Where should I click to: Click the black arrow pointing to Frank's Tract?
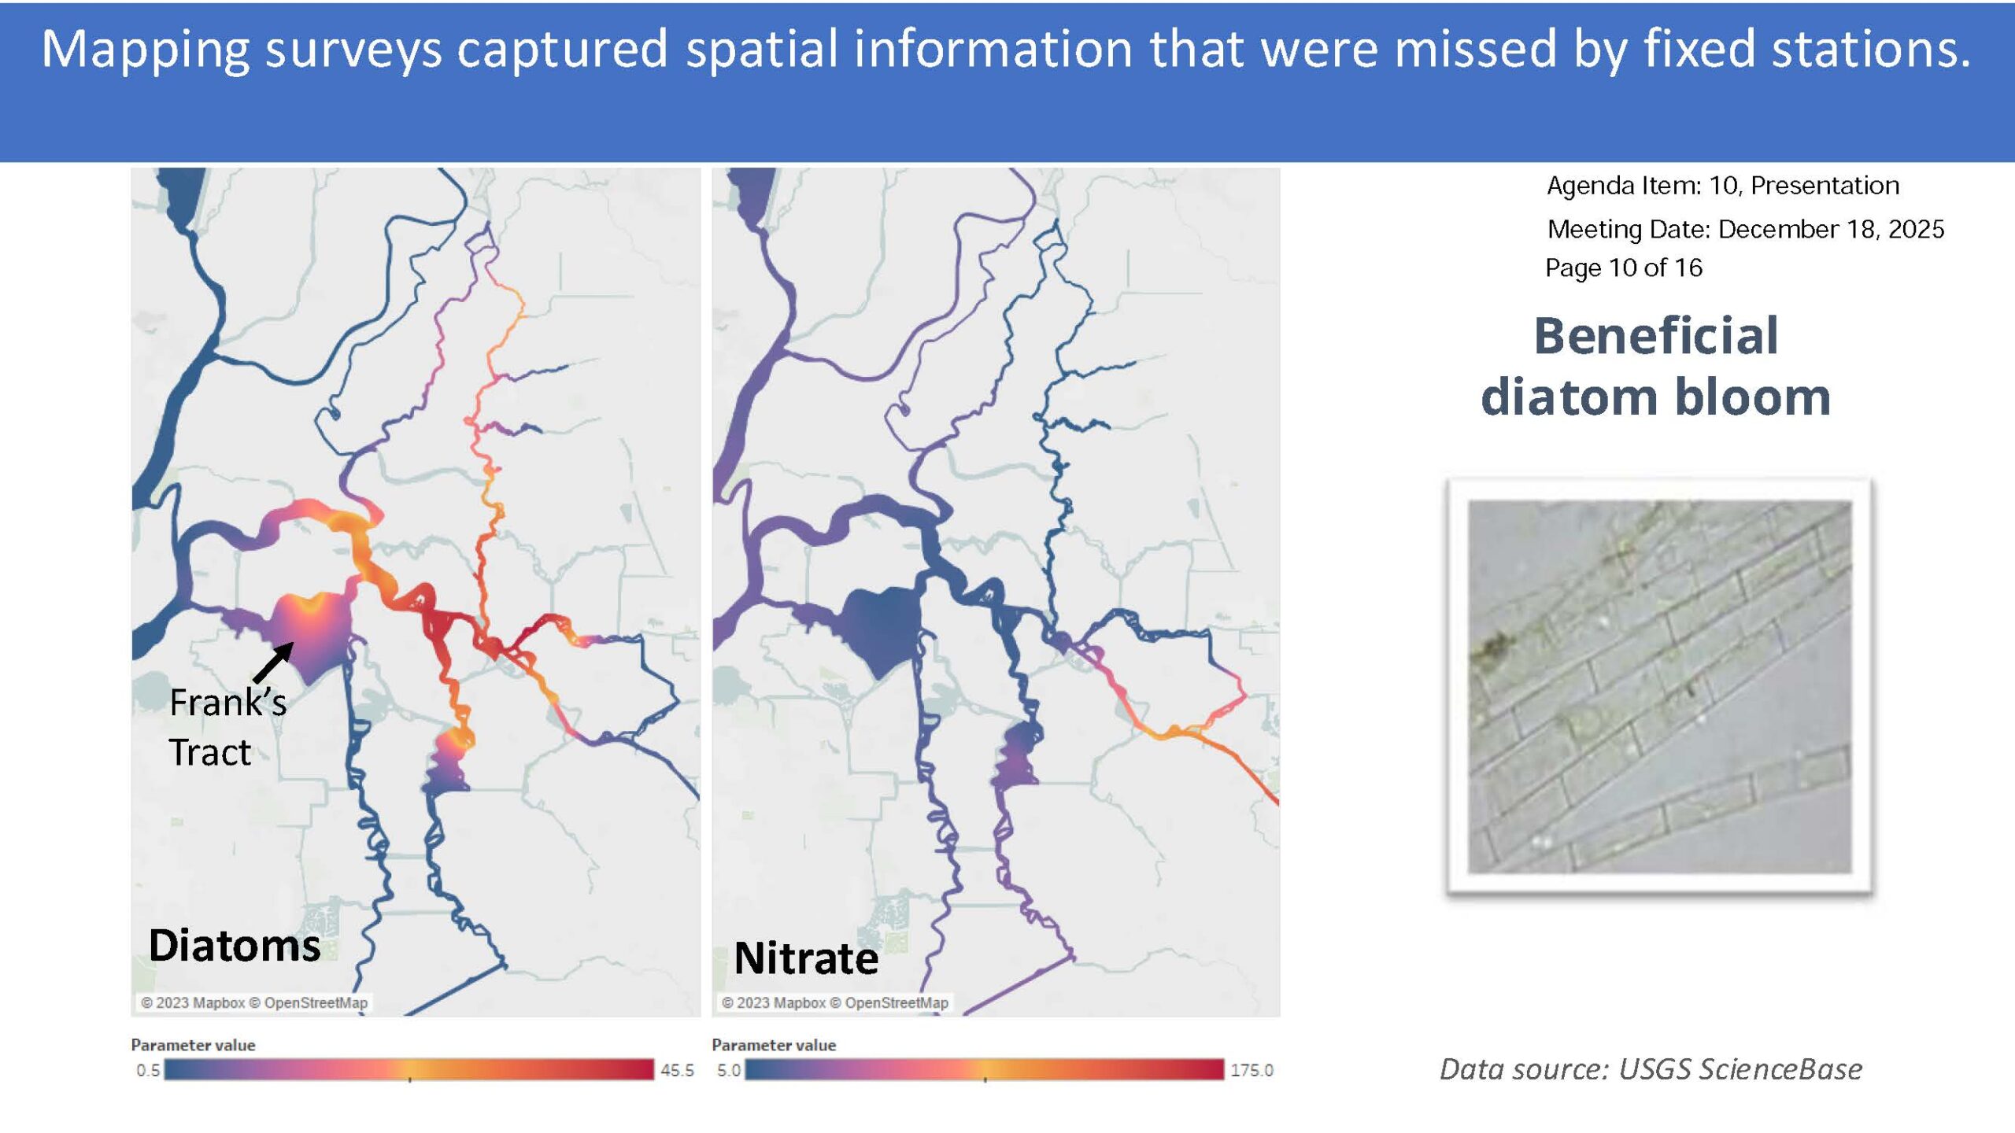273,662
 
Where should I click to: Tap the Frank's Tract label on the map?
227,727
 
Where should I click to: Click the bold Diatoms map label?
235,945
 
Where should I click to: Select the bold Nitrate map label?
806,958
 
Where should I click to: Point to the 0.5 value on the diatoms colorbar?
148,1070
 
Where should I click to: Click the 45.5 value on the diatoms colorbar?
677,1070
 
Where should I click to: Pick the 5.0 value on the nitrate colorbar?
728,1070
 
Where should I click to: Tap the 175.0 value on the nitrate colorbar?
1252,1070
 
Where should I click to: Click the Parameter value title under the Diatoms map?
193,1045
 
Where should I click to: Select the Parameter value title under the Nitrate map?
774,1045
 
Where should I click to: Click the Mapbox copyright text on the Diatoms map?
193,1002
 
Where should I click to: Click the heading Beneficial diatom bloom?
1656,366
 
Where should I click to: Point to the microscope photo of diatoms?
1659,686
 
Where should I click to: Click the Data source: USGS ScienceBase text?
1651,1068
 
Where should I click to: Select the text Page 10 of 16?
1623,268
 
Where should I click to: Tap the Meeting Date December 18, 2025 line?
1746,229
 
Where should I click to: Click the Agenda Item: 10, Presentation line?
1723,185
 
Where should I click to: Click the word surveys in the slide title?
353,50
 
